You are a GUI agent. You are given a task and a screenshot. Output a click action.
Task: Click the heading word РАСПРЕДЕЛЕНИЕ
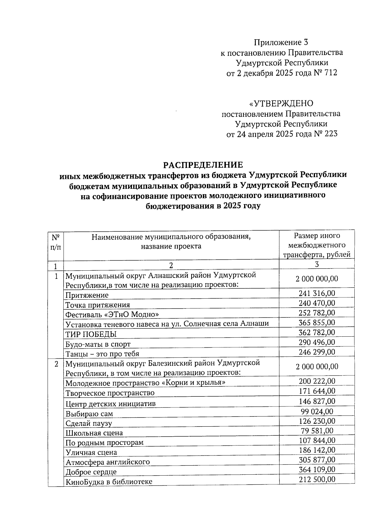pos(203,165)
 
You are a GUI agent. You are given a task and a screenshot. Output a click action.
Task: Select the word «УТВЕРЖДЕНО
pos(281,103)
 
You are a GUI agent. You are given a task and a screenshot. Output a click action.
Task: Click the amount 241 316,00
pos(317,293)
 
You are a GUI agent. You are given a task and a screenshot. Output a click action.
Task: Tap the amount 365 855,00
pos(317,323)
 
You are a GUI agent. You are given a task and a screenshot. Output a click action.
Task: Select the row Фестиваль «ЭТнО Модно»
pos(112,315)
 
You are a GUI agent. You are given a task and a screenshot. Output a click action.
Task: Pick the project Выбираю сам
pos(89,414)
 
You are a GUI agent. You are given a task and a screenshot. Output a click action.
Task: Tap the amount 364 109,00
pos(317,469)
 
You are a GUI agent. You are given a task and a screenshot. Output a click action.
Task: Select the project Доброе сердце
pos(91,472)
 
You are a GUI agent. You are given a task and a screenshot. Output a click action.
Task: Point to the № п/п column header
pos(55,242)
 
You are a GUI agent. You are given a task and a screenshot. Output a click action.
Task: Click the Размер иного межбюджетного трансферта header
pos(317,245)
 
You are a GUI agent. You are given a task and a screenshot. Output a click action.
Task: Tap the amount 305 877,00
pos(317,460)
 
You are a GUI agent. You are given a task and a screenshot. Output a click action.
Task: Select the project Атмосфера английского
pos(107,462)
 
